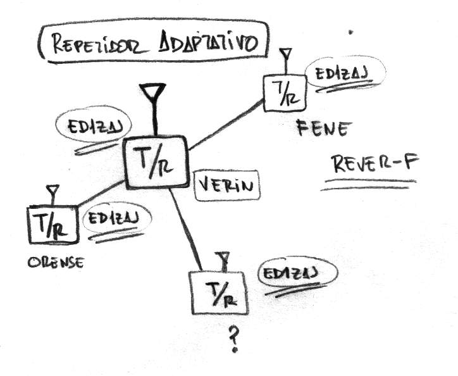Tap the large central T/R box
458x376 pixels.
pos(156,161)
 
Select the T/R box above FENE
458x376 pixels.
pos(285,92)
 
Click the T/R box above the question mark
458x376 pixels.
pos(218,292)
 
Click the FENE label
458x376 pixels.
pos(322,130)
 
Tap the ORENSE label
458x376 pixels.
pos(55,261)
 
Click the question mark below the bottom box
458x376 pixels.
pos(233,340)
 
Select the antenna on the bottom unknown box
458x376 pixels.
pos(222,260)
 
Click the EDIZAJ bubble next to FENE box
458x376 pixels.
pos(337,74)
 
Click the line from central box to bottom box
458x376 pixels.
pos(187,229)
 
